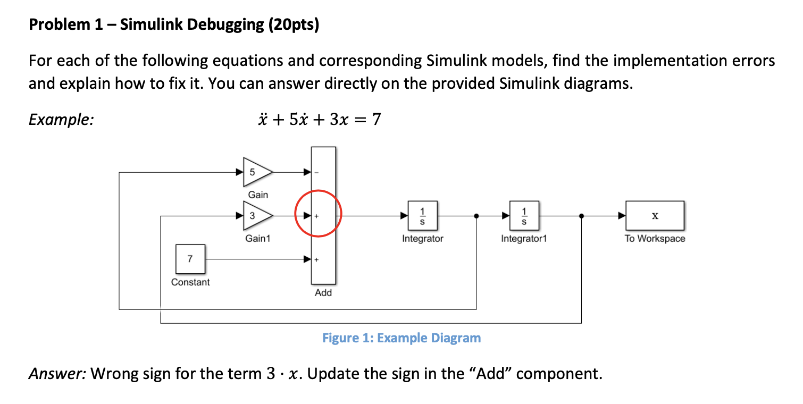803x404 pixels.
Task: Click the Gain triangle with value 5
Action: pyautogui.click(x=256, y=172)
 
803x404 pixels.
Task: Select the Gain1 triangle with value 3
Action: pyautogui.click(x=256, y=216)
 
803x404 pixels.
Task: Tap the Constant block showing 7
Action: pyautogui.click(x=190, y=259)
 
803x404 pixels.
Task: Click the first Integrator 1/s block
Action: pyautogui.click(x=423, y=216)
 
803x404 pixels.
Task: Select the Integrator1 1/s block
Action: pyautogui.click(x=524, y=216)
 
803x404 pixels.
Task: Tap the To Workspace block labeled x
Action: pyautogui.click(x=655, y=216)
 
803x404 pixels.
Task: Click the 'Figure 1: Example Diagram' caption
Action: pyautogui.click(x=401, y=338)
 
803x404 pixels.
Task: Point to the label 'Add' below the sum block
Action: pyautogui.click(x=323, y=293)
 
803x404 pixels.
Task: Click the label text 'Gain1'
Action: pyautogui.click(x=257, y=239)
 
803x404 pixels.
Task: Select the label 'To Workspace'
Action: pyautogui.click(x=655, y=239)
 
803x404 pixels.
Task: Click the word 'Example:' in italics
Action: pyautogui.click(x=61, y=120)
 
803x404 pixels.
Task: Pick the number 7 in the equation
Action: pyautogui.click(x=376, y=120)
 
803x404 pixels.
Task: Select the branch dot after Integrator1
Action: pyautogui.click(x=581, y=216)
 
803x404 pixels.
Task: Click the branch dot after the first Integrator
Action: pyautogui.click(x=476, y=216)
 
